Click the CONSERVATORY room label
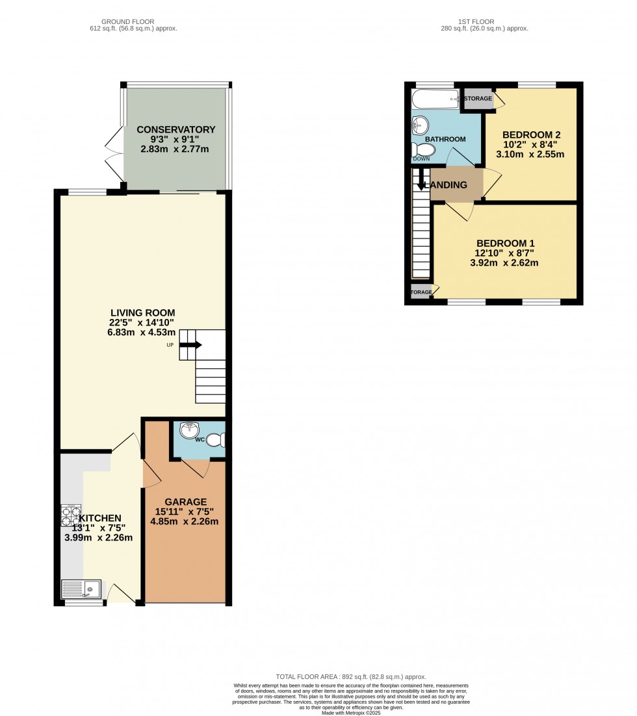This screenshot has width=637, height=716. click(175, 129)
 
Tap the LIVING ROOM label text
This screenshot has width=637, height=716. click(143, 313)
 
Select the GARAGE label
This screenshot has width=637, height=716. click(185, 502)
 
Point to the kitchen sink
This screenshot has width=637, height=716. click(81, 589)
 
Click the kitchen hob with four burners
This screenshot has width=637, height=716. click(70, 515)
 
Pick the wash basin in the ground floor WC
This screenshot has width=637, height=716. click(189, 430)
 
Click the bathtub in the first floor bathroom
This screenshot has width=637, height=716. click(436, 99)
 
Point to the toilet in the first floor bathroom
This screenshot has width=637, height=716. click(423, 150)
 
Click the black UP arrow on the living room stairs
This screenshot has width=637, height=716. click(190, 345)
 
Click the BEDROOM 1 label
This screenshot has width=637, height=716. click(509, 244)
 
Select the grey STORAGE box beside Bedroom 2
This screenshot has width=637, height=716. click(478, 99)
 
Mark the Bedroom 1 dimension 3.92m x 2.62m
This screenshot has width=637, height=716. click(509, 263)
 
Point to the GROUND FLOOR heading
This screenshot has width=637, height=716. click(133, 21)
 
